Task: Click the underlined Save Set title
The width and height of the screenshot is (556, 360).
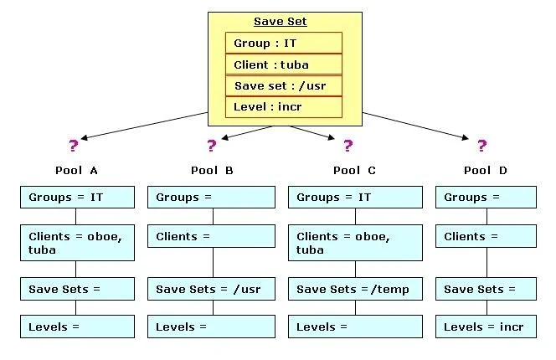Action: click(281, 21)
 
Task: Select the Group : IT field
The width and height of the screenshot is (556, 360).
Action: click(284, 43)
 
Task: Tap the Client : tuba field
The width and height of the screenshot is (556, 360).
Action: click(284, 64)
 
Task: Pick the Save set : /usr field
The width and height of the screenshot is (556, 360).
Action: click(284, 86)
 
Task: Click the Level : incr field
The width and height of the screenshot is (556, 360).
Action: click(284, 107)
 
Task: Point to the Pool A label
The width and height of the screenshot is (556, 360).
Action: click(76, 171)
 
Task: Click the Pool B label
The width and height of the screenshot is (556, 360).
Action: click(212, 171)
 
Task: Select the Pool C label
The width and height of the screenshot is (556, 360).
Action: click(354, 171)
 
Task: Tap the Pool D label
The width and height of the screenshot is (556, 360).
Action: click(486, 171)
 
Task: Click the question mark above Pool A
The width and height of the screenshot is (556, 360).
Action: click(74, 146)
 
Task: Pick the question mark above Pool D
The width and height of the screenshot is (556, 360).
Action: click(481, 146)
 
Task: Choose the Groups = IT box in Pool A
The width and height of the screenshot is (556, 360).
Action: click(77, 198)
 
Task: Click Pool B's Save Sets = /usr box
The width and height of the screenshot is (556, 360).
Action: click(211, 289)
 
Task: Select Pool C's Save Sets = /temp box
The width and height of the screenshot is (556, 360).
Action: click(355, 289)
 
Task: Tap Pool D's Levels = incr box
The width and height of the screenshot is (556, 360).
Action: click(486, 327)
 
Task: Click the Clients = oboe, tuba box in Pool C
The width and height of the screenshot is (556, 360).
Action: click(355, 243)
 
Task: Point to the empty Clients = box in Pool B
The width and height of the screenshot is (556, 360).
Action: click(211, 236)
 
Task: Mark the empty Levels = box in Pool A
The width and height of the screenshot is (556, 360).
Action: click(77, 327)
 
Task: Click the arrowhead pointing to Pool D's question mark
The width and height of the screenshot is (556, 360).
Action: click(466, 138)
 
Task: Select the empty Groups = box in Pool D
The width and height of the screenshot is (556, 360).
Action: click(486, 198)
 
